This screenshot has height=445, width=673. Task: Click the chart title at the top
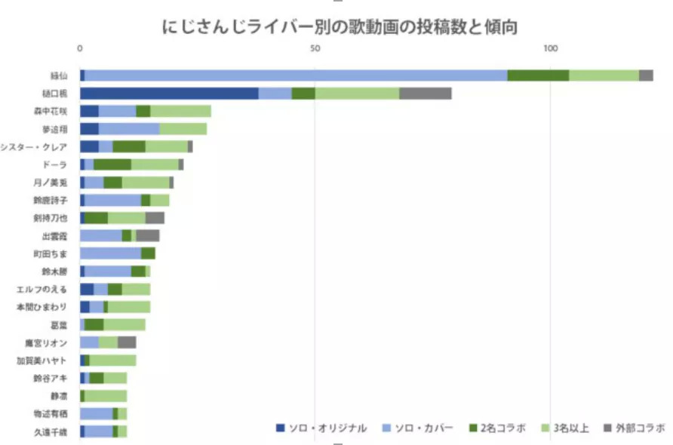340,26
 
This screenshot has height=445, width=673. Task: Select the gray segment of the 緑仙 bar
646,75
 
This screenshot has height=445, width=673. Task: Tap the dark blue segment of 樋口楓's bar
169,93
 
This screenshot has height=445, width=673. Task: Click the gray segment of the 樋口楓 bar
426,93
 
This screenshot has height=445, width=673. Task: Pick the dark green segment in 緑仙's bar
538,75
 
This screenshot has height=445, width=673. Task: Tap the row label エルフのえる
42,290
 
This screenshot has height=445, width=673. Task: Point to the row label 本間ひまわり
42,308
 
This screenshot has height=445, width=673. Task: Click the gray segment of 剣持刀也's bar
155,218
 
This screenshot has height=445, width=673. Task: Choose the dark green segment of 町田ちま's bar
148,253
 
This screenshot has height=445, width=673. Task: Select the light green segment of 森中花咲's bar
181,111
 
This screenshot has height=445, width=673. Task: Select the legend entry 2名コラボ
502,428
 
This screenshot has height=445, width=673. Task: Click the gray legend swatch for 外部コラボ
607,428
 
